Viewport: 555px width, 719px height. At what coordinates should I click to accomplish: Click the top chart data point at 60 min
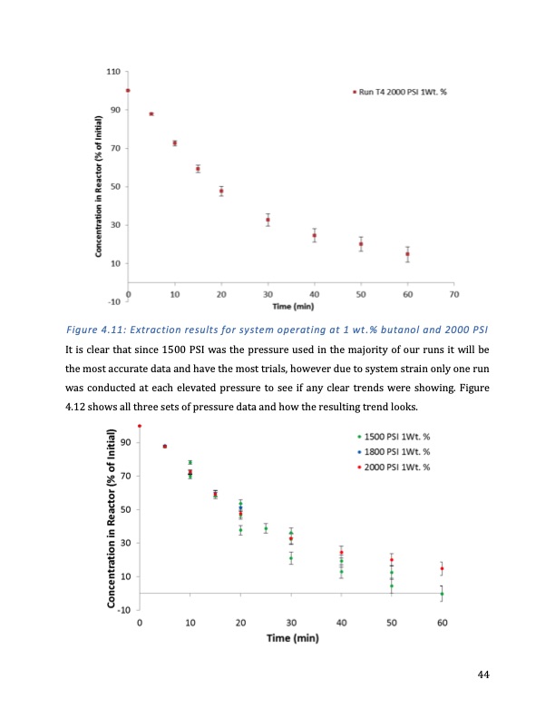[x=408, y=254]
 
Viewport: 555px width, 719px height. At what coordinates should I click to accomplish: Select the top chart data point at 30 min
[x=268, y=220]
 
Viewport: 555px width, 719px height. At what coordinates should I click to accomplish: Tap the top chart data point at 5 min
[x=151, y=113]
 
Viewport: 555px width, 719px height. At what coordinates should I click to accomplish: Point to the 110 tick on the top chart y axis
[x=113, y=71]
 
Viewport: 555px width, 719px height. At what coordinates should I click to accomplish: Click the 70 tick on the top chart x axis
[x=454, y=295]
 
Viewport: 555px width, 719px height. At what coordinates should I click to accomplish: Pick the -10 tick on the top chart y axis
[x=113, y=301]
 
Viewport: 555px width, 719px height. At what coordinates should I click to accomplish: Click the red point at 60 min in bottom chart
[x=442, y=568]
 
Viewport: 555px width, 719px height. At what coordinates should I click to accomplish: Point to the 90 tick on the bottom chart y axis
[x=125, y=443]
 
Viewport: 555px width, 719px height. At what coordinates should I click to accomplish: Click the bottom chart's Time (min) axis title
[x=291, y=638]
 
